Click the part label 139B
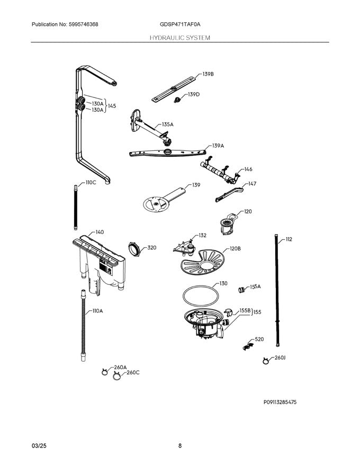[208, 75]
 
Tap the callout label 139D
[193, 94]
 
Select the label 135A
[167, 124]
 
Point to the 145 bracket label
[112, 106]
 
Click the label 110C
[91, 182]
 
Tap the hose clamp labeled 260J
[265, 361]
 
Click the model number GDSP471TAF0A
[180, 25]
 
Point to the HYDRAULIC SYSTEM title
[180, 38]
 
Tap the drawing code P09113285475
[280, 402]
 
